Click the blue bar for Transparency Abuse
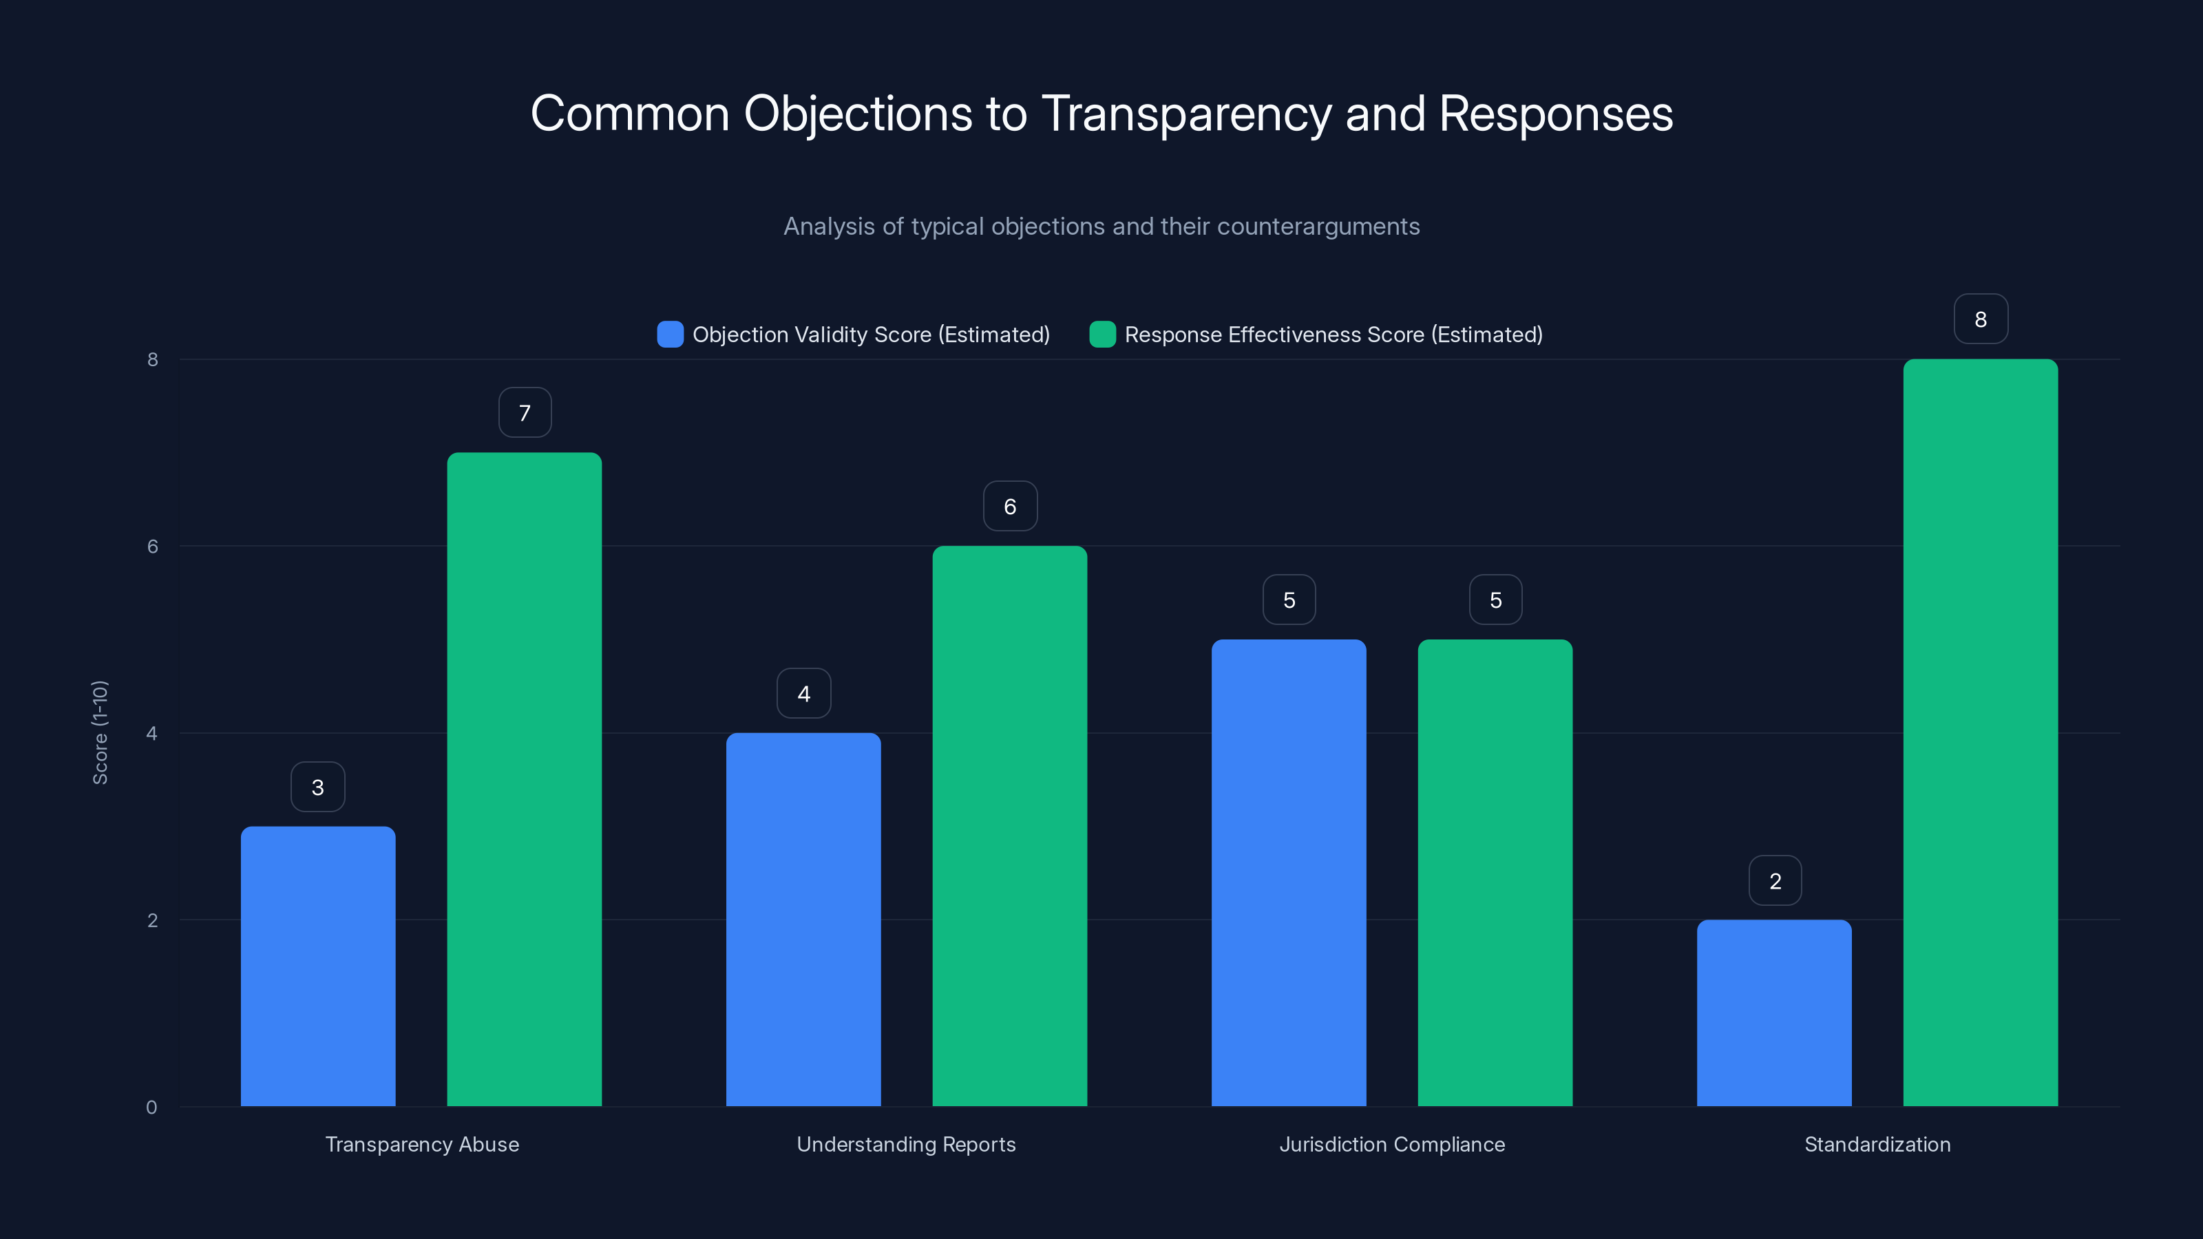(317, 966)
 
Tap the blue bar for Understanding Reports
(803, 919)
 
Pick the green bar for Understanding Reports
(1009, 826)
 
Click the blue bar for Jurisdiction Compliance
(1289, 872)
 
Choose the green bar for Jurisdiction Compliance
(1495, 872)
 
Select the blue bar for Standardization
(1775, 1013)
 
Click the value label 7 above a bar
(525, 413)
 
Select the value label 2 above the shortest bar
(1775, 881)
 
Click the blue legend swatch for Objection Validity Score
(671, 335)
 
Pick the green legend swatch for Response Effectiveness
(1102, 335)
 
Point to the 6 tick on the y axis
(152, 547)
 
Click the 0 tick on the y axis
(151, 1108)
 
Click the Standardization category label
(1877, 1144)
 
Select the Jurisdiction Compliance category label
(1391, 1144)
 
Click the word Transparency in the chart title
(1185, 114)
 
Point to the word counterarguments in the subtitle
(1318, 226)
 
